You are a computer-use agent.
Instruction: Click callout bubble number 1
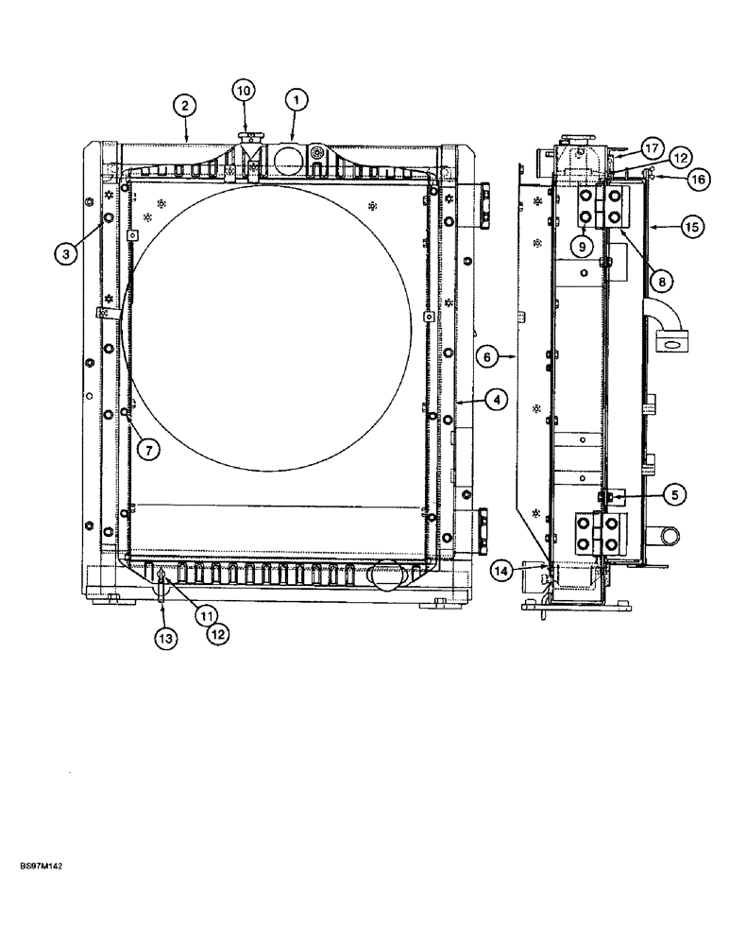pos(296,99)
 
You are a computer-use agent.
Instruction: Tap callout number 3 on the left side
pos(66,253)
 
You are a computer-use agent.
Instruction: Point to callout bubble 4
pos(498,400)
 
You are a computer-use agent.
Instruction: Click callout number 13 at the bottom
pos(165,639)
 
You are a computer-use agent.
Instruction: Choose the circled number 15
pos(691,227)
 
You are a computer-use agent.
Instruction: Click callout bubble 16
pos(697,177)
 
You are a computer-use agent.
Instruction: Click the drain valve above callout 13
pos(163,589)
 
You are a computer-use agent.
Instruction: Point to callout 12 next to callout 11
pos(218,634)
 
